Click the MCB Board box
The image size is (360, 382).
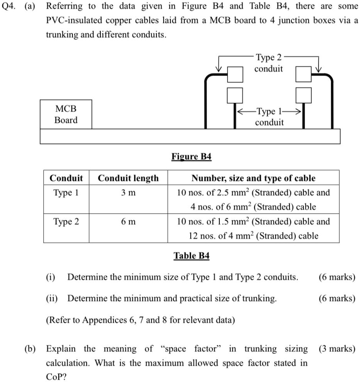click(66, 114)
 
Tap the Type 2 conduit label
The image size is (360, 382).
click(269, 63)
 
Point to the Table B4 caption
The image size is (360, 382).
click(191, 256)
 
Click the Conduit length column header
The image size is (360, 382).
click(128, 178)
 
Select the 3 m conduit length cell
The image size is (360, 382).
click(128, 193)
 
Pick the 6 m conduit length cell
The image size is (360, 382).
click(128, 222)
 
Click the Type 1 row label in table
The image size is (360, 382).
click(66, 193)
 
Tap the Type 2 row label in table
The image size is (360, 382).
click(66, 222)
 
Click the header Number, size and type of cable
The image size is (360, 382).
click(253, 178)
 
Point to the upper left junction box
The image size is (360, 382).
click(235, 74)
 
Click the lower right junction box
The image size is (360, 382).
click(303, 95)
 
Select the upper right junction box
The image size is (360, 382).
click(303, 74)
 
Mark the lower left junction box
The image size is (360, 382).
click(235, 95)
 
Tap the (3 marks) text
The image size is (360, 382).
click(337, 349)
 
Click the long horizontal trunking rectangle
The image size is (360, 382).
click(190, 136)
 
